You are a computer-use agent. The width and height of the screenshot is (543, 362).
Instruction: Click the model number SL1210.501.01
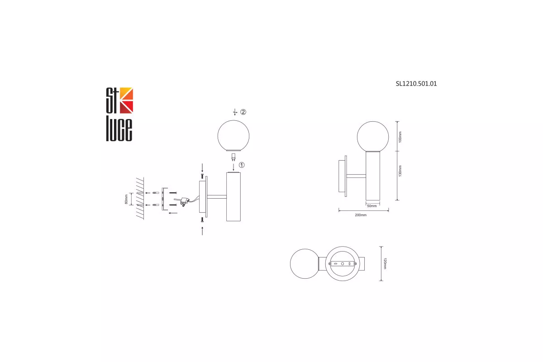click(x=416, y=84)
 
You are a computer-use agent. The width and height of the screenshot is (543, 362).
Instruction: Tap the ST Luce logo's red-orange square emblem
click(x=127, y=100)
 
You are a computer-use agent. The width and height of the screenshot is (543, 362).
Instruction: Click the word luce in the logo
click(x=119, y=130)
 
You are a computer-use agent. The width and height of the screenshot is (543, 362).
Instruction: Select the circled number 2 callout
click(x=243, y=112)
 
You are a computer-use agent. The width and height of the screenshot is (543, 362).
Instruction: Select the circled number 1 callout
click(x=242, y=165)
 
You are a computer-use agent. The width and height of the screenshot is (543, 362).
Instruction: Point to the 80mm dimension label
click(x=126, y=199)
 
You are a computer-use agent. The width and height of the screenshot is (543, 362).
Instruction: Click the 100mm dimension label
click(x=400, y=137)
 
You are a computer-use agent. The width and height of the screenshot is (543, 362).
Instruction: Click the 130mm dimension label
click(x=400, y=171)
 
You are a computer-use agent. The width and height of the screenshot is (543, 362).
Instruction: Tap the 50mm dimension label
click(x=372, y=206)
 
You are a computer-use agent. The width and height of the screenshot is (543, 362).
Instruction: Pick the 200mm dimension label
click(x=361, y=215)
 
